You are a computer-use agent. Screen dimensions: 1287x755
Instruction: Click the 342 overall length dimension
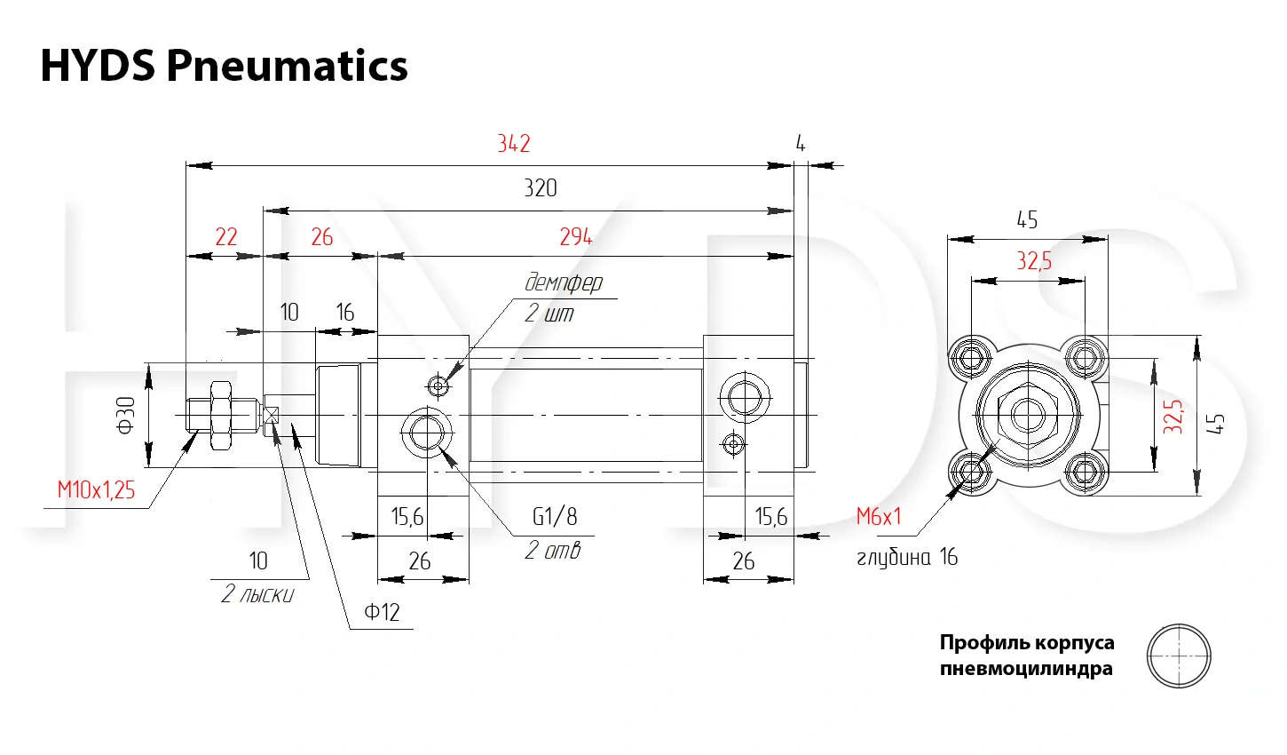pos(514,143)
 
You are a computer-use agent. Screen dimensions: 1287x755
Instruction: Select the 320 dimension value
pos(541,188)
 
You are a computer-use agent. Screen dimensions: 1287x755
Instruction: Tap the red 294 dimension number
pos(576,236)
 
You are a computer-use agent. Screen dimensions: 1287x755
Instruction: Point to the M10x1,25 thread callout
pos(96,490)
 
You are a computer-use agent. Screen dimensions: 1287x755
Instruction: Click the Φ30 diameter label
pos(125,415)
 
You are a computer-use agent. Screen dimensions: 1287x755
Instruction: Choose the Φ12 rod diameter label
pos(382,612)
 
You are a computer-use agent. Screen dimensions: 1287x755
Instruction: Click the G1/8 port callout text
pos(555,516)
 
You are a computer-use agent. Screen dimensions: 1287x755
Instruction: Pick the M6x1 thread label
pos(879,516)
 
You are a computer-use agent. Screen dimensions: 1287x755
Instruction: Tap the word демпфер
pos(564,282)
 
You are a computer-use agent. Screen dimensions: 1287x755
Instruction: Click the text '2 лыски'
pos(257,594)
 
